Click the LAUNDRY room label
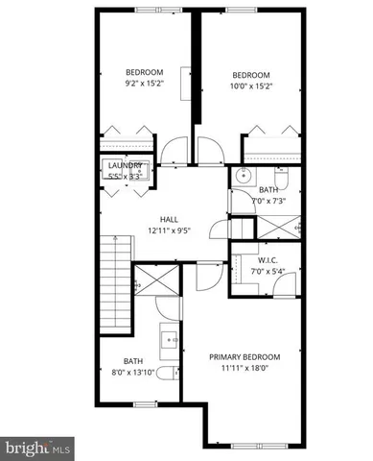click(x=125, y=165)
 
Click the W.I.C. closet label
click(x=268, y=260)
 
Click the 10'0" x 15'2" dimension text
click(x=251, y=87)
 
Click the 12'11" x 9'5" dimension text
click(x=168, y=230)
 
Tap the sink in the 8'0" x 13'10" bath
click(x=171, y=338)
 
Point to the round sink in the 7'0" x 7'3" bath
click(x=245, y=177)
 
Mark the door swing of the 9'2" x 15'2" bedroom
click(x=175, y=150)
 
